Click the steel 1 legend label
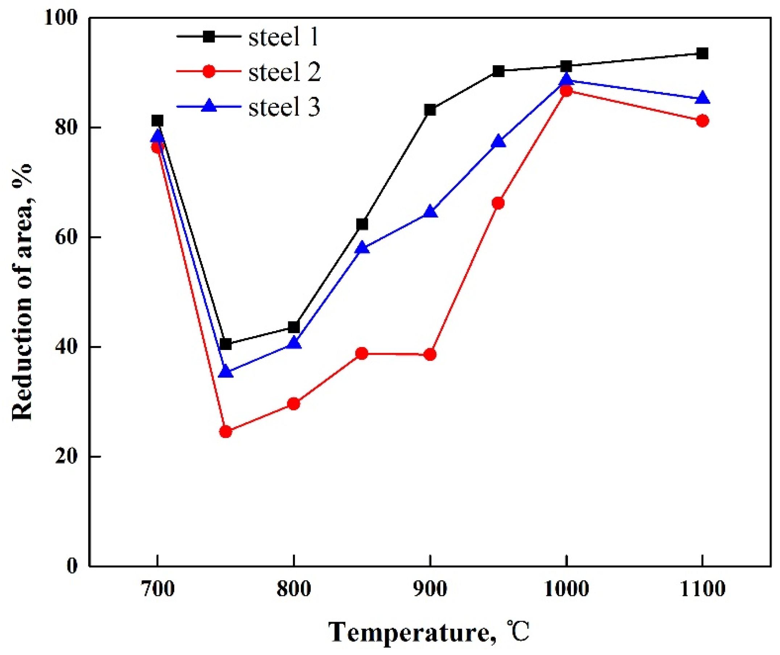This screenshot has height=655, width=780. point(283,38)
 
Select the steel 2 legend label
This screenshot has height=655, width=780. point(285,72)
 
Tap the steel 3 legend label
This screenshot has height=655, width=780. point(284,107)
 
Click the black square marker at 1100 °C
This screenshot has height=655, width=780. point(702,54)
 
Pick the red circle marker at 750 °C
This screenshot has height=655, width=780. point(225,431)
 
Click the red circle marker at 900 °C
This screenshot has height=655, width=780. point(430,355)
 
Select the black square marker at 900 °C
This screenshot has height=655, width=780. point(430,110)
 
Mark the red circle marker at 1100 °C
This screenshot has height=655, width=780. point(702,121)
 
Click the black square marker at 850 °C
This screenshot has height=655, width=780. point(362,224)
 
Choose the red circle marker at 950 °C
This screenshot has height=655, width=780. point(498,203)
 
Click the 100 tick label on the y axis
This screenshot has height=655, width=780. point(62,18)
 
